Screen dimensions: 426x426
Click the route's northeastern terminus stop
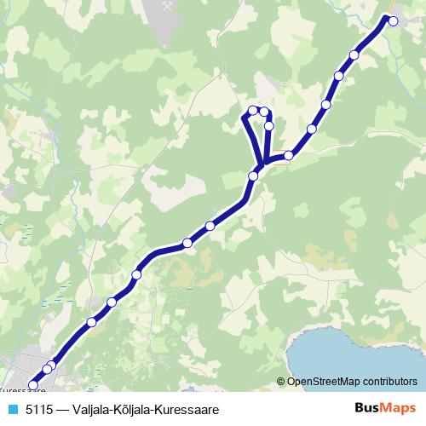tap(393, 21)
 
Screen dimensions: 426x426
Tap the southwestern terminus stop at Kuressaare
tap(34, 385)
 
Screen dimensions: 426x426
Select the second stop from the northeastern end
tap(354, 55)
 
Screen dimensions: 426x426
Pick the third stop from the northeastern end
tap(338, 76)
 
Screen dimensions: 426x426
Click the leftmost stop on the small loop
tap(253, 110)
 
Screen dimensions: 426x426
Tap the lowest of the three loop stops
tap(268, 126)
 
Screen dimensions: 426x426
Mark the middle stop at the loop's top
tap(264, 111)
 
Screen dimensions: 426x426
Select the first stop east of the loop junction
tap(289, 155)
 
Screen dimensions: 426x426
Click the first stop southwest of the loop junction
tap(253, 176)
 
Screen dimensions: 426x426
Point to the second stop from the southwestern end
tap(49, 368)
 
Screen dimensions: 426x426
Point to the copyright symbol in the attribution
tap(281, 382)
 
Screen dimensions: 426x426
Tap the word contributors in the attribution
tap(392, 382)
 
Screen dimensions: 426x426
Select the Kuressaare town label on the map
tap(21, 393)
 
